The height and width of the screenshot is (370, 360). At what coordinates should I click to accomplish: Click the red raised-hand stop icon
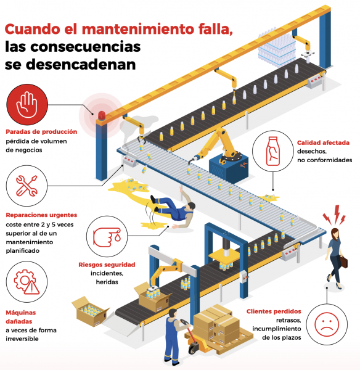click(27, 105)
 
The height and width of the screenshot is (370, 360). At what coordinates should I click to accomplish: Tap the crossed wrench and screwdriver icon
click(27, 186)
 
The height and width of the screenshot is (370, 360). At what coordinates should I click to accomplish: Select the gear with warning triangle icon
click(26, 282)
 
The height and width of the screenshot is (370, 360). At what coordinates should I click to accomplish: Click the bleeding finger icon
click(107, 237)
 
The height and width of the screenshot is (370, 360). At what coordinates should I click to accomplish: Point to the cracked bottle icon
click(273, 151)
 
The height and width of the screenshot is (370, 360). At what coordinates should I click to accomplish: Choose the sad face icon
click(327, 324)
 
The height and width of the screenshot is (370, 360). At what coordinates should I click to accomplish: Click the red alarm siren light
click(102, 116)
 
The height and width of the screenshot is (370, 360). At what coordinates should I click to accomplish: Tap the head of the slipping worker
click(190, 207)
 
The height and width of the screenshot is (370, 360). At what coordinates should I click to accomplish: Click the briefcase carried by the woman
click(344, 261)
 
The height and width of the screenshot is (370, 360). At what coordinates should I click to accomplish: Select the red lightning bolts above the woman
click(335, 215)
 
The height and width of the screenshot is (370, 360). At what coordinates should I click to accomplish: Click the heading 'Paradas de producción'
click(41, 132)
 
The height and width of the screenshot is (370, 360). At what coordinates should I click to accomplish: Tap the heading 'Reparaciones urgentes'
click(41, 215)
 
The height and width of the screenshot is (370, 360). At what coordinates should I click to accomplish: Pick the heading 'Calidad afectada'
click(323, 142)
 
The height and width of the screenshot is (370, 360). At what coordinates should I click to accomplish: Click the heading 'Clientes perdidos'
click(274, 311)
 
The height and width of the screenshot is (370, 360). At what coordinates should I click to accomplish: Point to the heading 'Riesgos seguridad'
click(107, 265)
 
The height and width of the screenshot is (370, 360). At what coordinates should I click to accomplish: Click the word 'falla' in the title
click(216, 29)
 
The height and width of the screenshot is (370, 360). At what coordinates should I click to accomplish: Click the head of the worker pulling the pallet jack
click(173, 313)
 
